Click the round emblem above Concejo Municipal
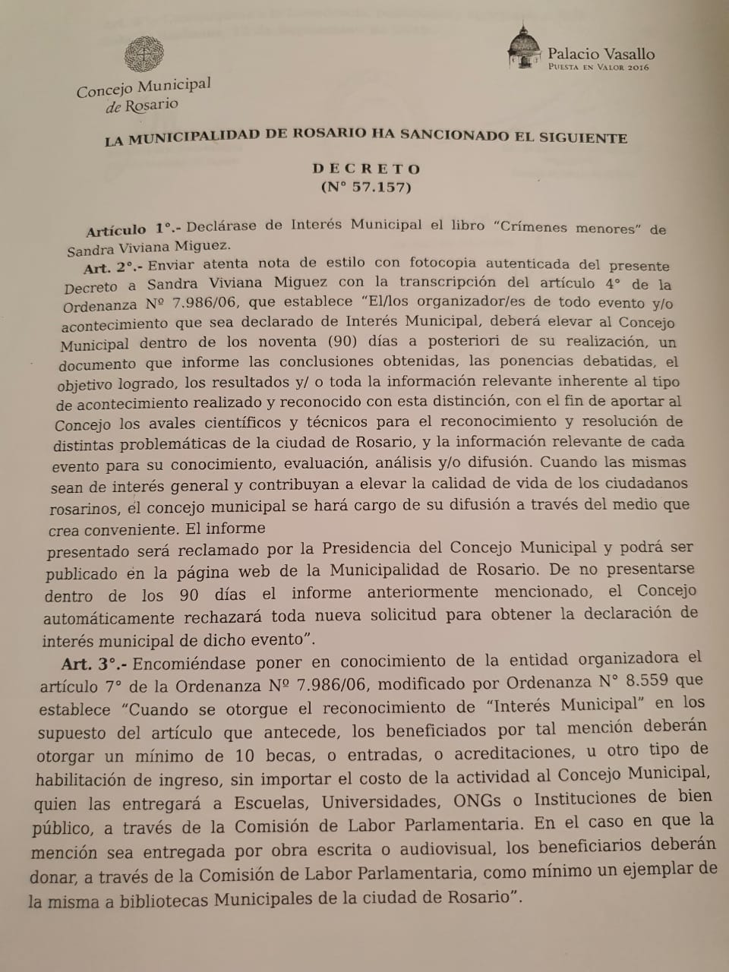coord(144,55)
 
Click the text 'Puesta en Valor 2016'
coord(599,67)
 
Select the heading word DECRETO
coord(366,169)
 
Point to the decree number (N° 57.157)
coord(366,187)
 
